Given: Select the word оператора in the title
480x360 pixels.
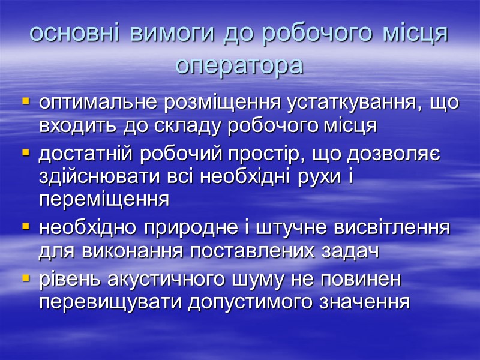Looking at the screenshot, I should (239, 65).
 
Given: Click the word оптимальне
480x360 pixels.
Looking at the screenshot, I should (99, 103).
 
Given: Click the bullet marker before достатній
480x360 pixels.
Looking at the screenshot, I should (26, 154).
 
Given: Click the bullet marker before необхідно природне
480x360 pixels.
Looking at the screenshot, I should (26, 228).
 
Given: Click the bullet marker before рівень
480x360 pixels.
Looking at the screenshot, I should (26, 279).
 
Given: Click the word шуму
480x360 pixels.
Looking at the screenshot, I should (272, 279).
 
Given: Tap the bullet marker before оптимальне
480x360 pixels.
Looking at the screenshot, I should (26, 103).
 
